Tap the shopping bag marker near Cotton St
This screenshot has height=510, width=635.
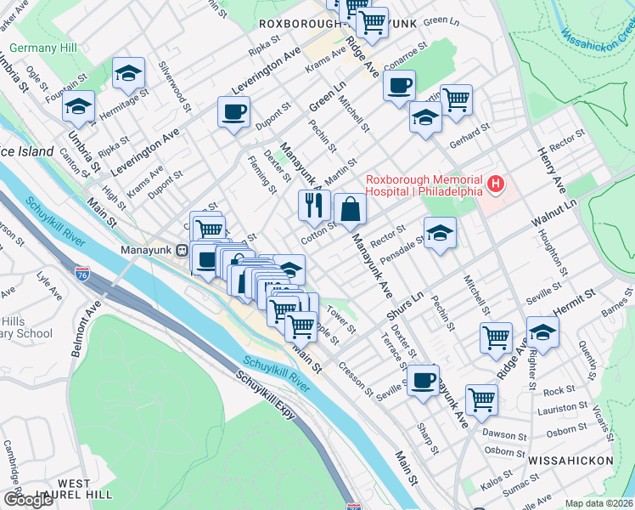coord(350,209)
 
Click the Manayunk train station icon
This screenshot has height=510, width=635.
coord(181,250)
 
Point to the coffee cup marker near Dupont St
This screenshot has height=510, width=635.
coord(233,111)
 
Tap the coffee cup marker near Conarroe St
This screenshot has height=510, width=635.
coord(399,85)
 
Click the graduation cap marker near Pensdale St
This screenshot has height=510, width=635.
coord(440,233)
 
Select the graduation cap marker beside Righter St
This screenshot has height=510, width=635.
coord(542,332)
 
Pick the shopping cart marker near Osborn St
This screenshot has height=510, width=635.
coord(481,398)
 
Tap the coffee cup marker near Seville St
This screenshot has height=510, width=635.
coord(423,379)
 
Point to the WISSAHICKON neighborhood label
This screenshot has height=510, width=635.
coord(570,460)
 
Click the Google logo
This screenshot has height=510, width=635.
coord(28,500)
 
